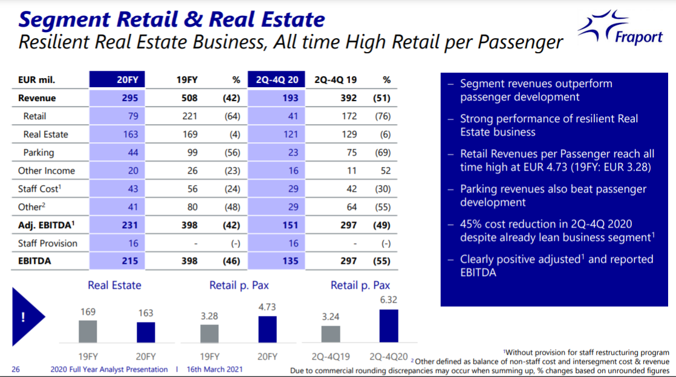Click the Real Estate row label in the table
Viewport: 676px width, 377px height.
[46, 134]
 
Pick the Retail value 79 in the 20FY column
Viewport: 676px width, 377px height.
[133, 116]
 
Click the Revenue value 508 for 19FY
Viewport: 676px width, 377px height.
[190, 98]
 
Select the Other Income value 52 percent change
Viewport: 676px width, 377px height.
[385, 171]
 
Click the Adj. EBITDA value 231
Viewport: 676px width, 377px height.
[129, 225]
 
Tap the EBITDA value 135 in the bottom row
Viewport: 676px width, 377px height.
[290, 261]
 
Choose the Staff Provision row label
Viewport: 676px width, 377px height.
[48, 243]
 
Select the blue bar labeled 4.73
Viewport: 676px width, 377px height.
[267, 329]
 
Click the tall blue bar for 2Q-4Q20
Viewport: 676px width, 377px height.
[389, 326]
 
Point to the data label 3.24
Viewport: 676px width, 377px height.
[331, 316]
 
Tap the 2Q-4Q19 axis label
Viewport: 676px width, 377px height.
[331, 356]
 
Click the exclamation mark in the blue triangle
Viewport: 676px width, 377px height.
[22, 318]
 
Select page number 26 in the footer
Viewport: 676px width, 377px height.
[16, 369]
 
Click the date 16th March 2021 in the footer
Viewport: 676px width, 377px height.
[215, 369]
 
